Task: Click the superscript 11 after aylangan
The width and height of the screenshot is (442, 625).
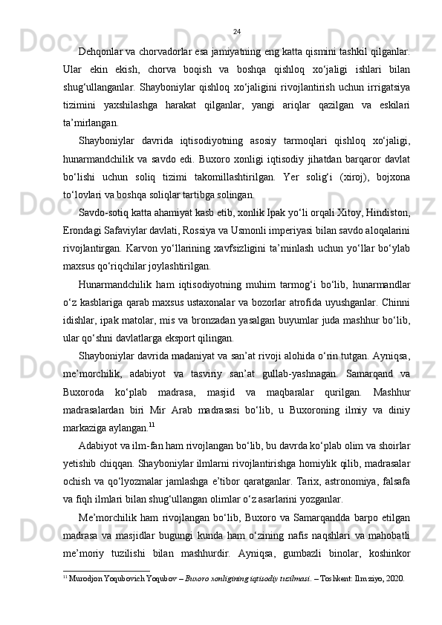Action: [152, 425]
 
